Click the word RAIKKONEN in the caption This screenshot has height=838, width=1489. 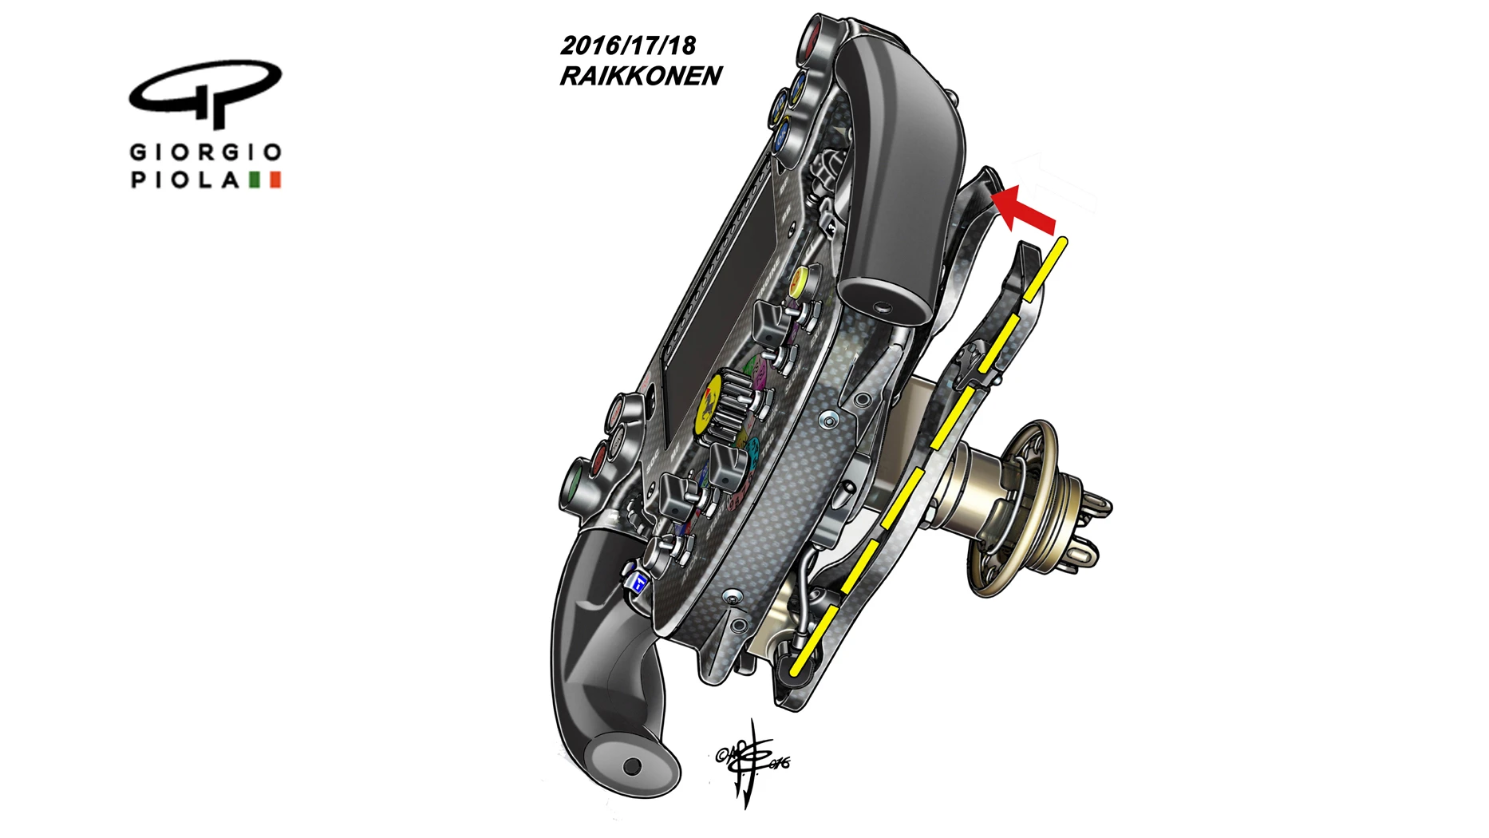coord(641,76)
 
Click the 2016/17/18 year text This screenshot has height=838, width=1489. coord(628,45)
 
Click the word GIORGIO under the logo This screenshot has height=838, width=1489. coord(205,152)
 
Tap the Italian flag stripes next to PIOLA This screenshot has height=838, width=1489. coord(265,180)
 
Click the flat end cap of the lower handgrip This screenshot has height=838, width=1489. coord(629,765)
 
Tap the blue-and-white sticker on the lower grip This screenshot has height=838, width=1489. coord(639,583)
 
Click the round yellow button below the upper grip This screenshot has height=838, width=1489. coord(799,281)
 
